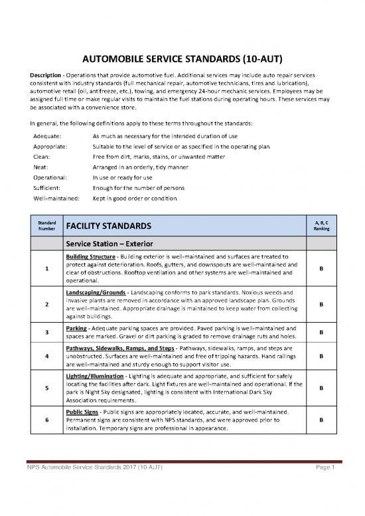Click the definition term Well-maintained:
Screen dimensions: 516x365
pyautogui.click(x=56, y=199)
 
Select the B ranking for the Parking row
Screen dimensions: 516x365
pyautogui.click(x=321, y=333)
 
